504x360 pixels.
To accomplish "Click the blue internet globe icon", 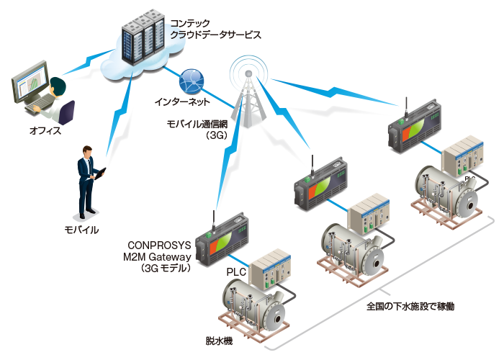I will tap(191, 80).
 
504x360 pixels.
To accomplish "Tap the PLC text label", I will tap(236, 272).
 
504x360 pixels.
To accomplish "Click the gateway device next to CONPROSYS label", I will tap(222, 238).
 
